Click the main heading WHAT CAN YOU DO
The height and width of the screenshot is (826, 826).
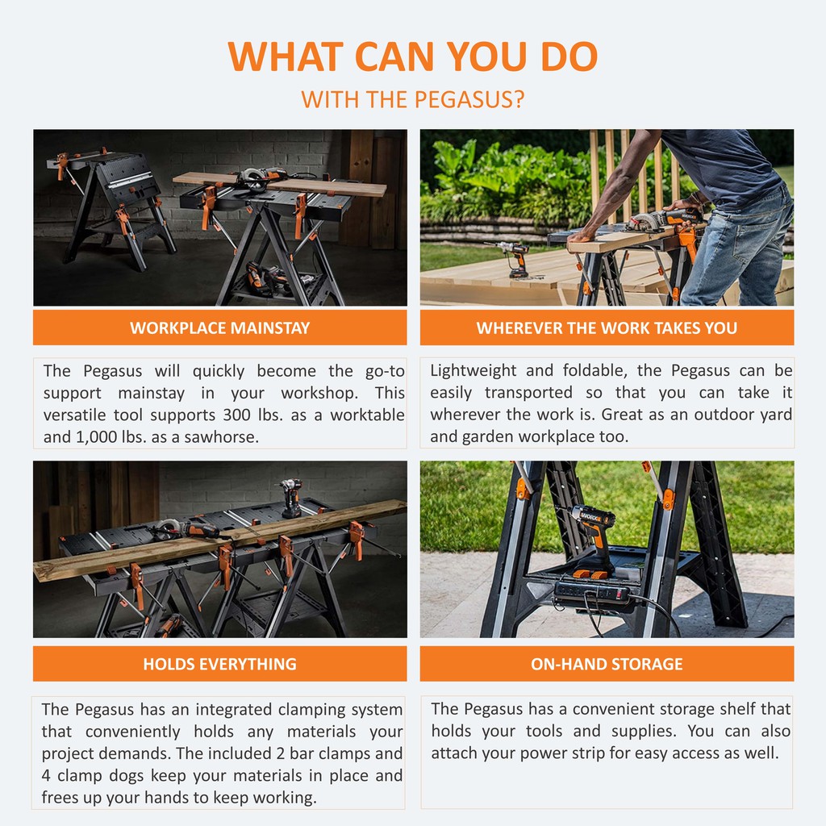(x=412, y=56)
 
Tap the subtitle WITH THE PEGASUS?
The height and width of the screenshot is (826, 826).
(x=412, y=99)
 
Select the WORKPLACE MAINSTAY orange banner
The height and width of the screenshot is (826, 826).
(x=219, y=327)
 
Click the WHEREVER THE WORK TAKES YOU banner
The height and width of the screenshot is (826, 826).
(x=607, y=327)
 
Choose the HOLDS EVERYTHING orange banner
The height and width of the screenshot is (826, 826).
(x=219, y=664)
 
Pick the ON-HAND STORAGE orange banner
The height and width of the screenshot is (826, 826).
(x=607, y=664)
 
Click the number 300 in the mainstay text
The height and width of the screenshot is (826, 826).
(x=236, y=415)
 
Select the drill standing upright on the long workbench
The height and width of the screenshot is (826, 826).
(x=290, y=498)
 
